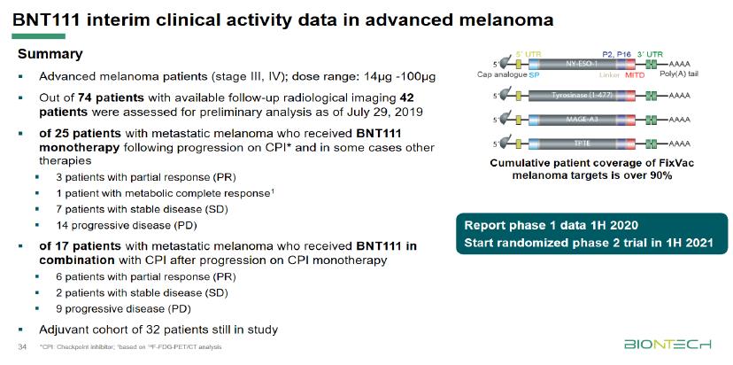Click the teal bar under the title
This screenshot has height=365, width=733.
33,36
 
